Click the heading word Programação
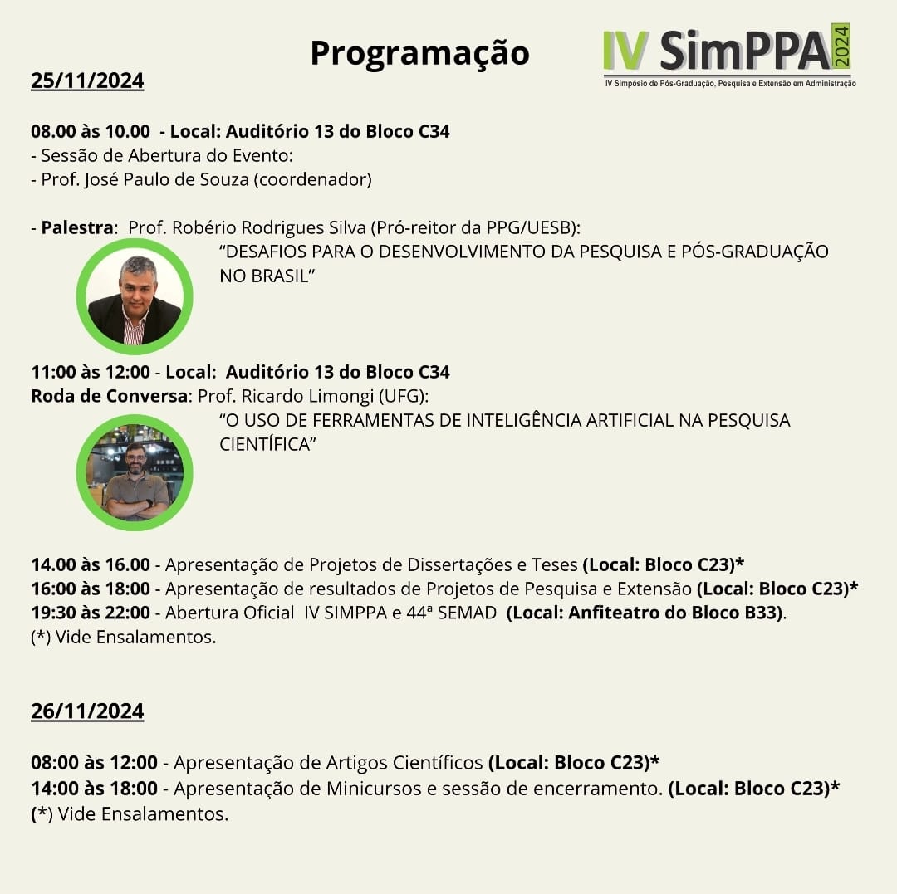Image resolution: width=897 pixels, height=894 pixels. (x=419, y=53)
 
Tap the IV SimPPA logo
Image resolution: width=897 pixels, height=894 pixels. (x=728, y=55)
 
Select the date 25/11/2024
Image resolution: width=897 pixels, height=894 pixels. (x=87, y=81)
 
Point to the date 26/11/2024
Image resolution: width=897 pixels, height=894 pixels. (x=87, y=711)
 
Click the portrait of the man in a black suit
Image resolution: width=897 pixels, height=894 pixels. (x=135, y=296)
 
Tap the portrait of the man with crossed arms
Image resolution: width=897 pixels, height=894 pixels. (x=135, y=472)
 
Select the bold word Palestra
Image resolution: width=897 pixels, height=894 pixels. (x=76, y=227)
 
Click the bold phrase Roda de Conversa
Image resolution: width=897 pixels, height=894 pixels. (x=108, y=396)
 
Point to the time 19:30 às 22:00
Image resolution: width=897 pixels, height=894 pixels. (x=91, y=613)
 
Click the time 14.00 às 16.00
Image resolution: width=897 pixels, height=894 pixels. (x=91, y=565)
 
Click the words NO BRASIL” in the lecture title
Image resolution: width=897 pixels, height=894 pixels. (x=265, y=276)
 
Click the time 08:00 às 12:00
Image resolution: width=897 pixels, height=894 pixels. (x=94, y=762)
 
